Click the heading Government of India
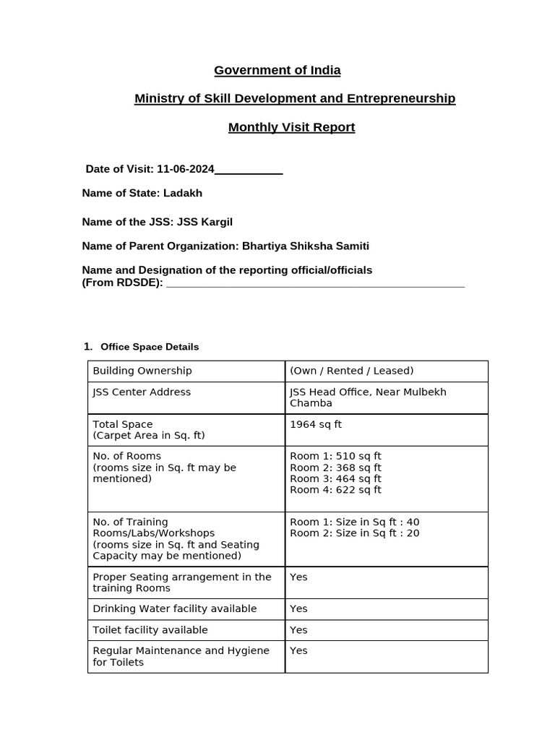(277, 70)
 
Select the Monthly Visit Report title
(291, 127)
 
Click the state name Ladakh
(183, 193)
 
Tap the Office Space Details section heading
(150, 347)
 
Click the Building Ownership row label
(142, 371)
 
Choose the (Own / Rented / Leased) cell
(351, 371)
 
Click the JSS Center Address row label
(142, 392)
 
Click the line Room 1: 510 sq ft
(335, 456)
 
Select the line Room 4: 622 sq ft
(335, 490)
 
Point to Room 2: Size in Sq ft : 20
(354, 533)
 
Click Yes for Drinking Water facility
(298, 608)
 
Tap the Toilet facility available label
(150, 630)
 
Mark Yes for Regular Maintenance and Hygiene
(298, 650)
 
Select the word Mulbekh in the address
(423, 392)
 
